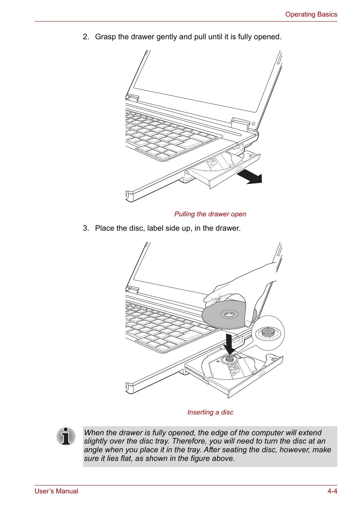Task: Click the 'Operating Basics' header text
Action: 311,14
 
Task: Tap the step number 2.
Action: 86,37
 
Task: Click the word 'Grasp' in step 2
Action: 105,37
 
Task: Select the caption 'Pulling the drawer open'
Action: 210,214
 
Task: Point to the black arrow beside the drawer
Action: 251,176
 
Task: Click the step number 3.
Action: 86,228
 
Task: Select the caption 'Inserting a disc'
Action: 210,412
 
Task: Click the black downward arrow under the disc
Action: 229,344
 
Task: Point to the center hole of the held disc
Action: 229,314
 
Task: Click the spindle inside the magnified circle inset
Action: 268,332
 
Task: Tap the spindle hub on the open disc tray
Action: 229,359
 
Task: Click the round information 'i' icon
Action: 66,436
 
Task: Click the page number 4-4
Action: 332,491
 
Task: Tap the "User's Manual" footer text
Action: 56,491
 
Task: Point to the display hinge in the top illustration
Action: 240,123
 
